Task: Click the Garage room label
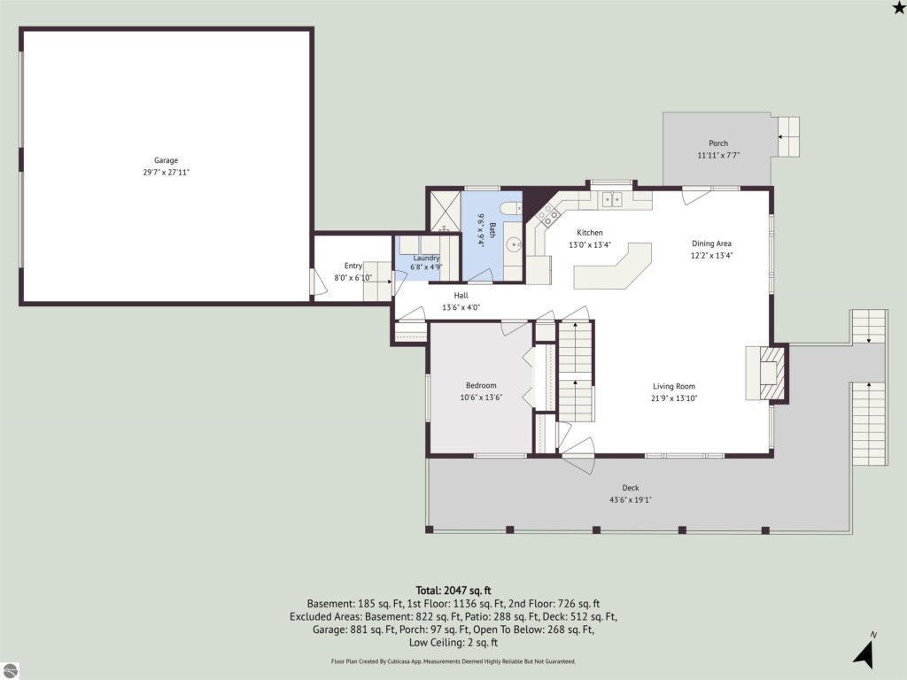point(166,160)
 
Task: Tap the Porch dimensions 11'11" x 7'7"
point(718,155)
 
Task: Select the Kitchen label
point(589,233)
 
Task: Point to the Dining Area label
point(711,243)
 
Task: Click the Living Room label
point(674,386)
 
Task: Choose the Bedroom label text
point(481,385)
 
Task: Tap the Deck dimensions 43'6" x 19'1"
point(630,499)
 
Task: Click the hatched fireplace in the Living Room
point(772,373)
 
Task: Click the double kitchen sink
point(612,199)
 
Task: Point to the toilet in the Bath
point(511,208)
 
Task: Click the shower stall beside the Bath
point(445,211)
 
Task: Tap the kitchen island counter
point(613,266)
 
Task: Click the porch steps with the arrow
point(787,137)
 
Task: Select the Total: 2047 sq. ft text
point(453,591)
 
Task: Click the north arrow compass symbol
point(864,652)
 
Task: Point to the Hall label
point(461,296)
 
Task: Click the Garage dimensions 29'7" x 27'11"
point(166,173)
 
